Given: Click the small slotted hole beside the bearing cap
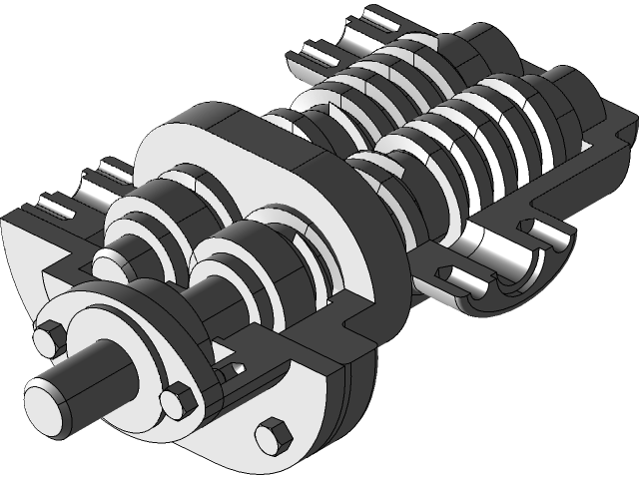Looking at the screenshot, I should (x=229, y=370).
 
